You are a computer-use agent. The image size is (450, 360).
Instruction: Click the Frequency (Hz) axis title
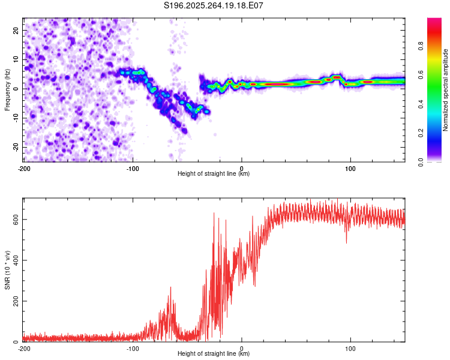point(7,90)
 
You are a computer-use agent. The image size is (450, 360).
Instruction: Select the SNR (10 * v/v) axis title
point(7,270)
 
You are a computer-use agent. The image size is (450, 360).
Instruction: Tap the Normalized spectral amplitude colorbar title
point(445,90)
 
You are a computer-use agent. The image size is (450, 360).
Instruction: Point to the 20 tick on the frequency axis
point(17,30)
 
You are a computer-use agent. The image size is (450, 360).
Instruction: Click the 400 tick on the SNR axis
point(14,260)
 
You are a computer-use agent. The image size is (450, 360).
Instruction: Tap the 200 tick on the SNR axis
point(14,301)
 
